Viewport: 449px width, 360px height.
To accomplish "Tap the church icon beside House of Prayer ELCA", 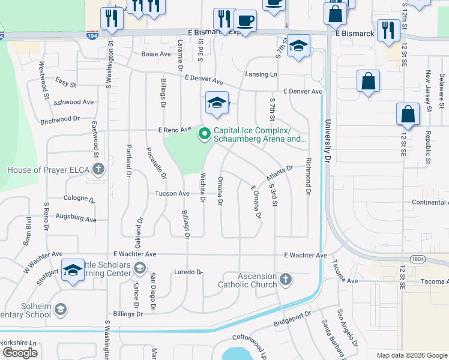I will click(99, 170).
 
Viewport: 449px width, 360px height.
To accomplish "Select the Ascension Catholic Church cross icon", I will click(286, 279).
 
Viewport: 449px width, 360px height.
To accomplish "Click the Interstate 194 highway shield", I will click(92, 35).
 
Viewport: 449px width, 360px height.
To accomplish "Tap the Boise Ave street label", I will click(156, 54).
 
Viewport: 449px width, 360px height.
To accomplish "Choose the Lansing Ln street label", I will click(261, 74).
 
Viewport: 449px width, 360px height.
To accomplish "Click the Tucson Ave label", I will click(172, 193).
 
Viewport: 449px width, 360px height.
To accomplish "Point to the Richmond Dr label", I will click(308, 176).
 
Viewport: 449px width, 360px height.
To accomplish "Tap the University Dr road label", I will click(328, 142).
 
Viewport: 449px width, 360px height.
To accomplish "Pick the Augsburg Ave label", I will click(76, 220).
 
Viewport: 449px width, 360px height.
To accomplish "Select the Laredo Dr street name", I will click(188, 272).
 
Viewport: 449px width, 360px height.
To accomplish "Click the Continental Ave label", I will click(430, 202).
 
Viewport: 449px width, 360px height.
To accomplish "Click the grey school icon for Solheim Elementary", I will click(60, 309).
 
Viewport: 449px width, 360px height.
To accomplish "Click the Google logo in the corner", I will click(20, 353).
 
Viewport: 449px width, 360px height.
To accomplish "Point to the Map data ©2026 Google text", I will click(411, 355).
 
